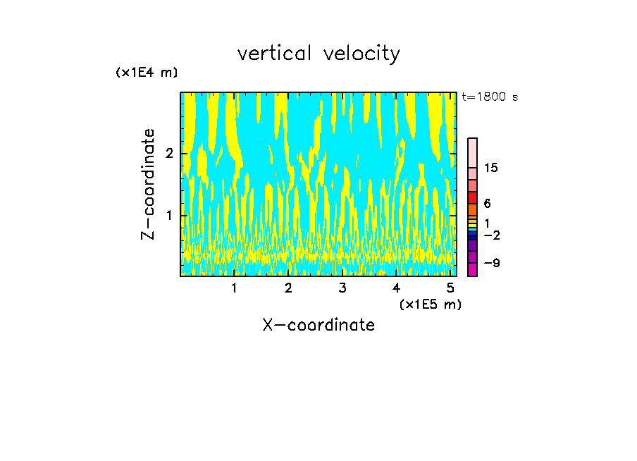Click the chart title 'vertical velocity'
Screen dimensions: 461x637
point(318,54)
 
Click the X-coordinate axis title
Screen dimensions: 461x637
point(318,325)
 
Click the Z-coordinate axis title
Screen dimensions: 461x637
point(148,184)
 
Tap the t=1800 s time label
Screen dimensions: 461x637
point(489,97)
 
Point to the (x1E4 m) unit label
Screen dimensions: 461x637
point(147,73)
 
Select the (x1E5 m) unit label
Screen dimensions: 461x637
point(430,304)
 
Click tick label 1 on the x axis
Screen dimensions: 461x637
point(234,288)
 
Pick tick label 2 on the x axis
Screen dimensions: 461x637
point(288,288)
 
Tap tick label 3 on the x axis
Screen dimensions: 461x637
point(342,288)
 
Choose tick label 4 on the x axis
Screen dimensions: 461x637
point(396,288)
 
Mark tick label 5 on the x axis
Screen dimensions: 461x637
point(450,288)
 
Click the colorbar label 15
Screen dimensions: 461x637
point(491,168)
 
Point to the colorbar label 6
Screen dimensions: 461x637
point(487,203)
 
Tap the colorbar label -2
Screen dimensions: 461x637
point(491,235)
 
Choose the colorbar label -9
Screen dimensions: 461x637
point(491,263)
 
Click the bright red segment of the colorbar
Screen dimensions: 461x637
point(472,197)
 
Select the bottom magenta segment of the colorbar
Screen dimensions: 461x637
point(472,269)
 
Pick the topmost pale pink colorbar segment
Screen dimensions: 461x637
point(472,152)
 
